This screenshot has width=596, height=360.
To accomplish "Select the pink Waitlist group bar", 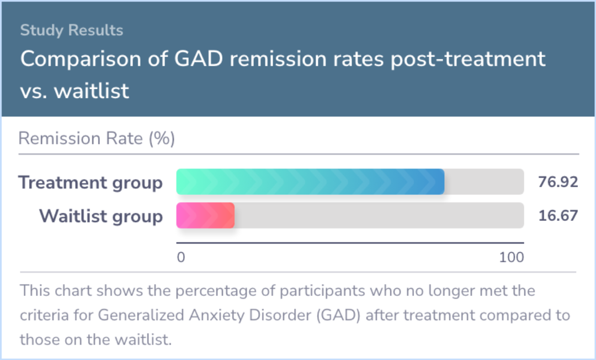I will pos(205,215).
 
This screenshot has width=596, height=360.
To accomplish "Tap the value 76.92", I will pos(558,182).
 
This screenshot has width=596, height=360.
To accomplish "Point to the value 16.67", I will pos(558,215).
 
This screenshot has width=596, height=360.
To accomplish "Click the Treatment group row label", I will pos(91,182).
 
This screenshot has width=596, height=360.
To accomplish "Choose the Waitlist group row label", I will pos(100,216).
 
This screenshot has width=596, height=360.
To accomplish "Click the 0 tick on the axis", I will pos(180,257).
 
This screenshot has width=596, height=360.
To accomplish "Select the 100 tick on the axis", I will pos(511,257).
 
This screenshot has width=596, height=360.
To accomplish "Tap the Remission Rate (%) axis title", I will pos(97,138).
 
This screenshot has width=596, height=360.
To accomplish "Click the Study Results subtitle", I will pos(72,30).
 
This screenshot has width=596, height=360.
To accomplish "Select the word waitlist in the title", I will pos(92,91).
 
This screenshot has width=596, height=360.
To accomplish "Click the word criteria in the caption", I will pos(44,316).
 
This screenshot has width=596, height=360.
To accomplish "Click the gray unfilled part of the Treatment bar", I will pos(483,182).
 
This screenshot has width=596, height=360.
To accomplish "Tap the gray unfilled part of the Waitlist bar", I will pos(379,215).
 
